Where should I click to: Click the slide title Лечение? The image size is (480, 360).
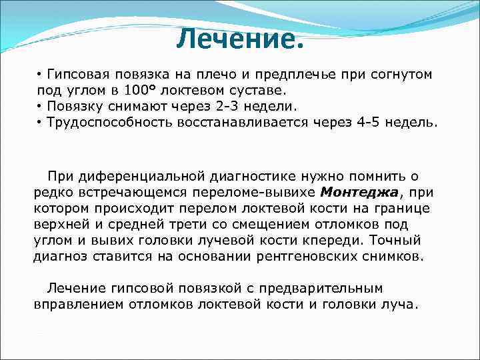coord(240,41)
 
